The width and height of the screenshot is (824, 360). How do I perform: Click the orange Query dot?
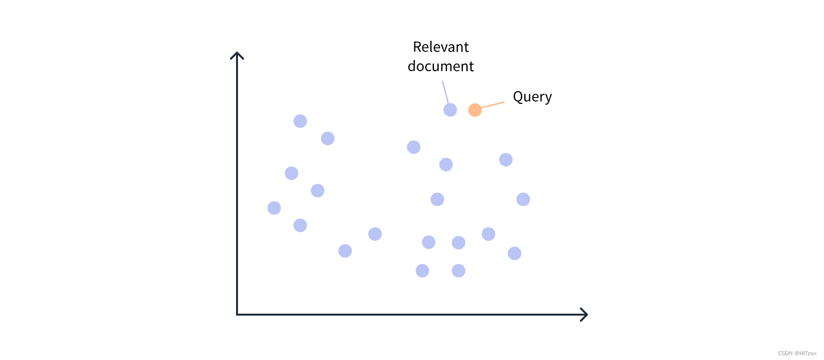pos(475,110)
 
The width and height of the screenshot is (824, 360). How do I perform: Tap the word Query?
pos(532,97)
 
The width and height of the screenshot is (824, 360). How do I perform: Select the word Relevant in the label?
pos(441,47)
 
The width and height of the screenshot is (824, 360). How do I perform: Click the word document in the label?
pos(441,66)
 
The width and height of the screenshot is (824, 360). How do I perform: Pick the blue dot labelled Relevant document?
pos(450,110)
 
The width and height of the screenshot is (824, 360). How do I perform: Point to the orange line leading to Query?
pos(493,105)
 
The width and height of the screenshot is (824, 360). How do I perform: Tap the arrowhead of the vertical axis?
pos(237,55)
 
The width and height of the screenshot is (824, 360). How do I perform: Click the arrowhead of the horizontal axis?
pos(584,315)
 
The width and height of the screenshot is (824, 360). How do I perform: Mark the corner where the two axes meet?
pos(237,315)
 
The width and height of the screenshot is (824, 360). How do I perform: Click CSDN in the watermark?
pos(785,354)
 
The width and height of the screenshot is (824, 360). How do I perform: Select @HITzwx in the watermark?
pos(805,354)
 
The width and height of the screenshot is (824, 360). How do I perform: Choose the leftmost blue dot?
pos(274,208)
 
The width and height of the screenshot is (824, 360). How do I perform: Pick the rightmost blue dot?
pos(523,199)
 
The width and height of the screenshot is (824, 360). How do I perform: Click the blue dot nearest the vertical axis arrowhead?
pos(300,121)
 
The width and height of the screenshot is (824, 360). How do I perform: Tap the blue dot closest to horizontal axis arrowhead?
pos(515,253)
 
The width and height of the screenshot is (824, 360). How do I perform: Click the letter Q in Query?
pos(517,97)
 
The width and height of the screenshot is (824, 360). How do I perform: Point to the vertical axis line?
pos(237,193)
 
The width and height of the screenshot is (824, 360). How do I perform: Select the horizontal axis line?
pos(410,315)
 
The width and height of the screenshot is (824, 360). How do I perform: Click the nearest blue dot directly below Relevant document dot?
pos(446,165)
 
